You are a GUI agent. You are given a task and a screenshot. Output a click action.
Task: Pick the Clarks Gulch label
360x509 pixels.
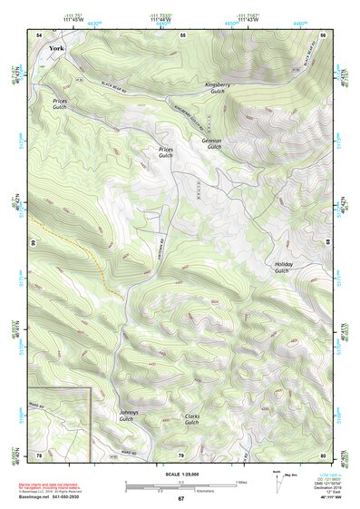(x=191, y=419)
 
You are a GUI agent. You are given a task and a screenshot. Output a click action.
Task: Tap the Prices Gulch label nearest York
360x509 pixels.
(x=60, y=103)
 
